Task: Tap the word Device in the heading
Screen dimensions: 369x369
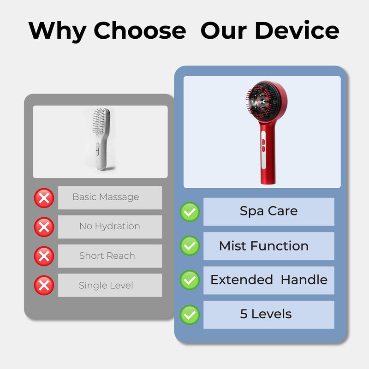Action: click(x=297, y=30)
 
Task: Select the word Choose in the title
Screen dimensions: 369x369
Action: click(x=140, y=30)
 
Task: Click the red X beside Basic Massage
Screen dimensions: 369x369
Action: click(x=44, y=198)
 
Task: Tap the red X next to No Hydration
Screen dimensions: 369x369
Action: click(x=44, y=227)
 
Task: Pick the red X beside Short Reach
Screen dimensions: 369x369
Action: click(x=44, y=256)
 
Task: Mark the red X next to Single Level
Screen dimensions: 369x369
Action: click(x=44, y=285)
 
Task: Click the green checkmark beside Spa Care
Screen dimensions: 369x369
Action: click(x=190, y=212)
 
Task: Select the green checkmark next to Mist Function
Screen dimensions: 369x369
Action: click(x=190, y=246)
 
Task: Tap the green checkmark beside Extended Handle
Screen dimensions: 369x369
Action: click(x=190, y=280)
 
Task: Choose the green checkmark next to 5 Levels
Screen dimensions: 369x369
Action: click(x=190, y=315)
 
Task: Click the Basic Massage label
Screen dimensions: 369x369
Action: click(x=106, y=197)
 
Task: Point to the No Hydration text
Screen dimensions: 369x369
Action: click(x=110, y=226)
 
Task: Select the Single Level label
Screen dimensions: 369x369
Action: click(x=106, y=286)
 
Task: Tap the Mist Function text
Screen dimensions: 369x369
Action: click(x=264, y=246)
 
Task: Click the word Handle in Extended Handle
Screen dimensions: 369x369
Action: click(x=304, y=280)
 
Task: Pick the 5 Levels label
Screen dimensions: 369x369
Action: click(x=266, y=314)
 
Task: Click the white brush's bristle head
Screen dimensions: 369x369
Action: click(x=100, y=121)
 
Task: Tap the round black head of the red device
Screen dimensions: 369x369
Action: click(x=263, y=100)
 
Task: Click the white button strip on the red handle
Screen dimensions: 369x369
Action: click(x=263, y=149)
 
